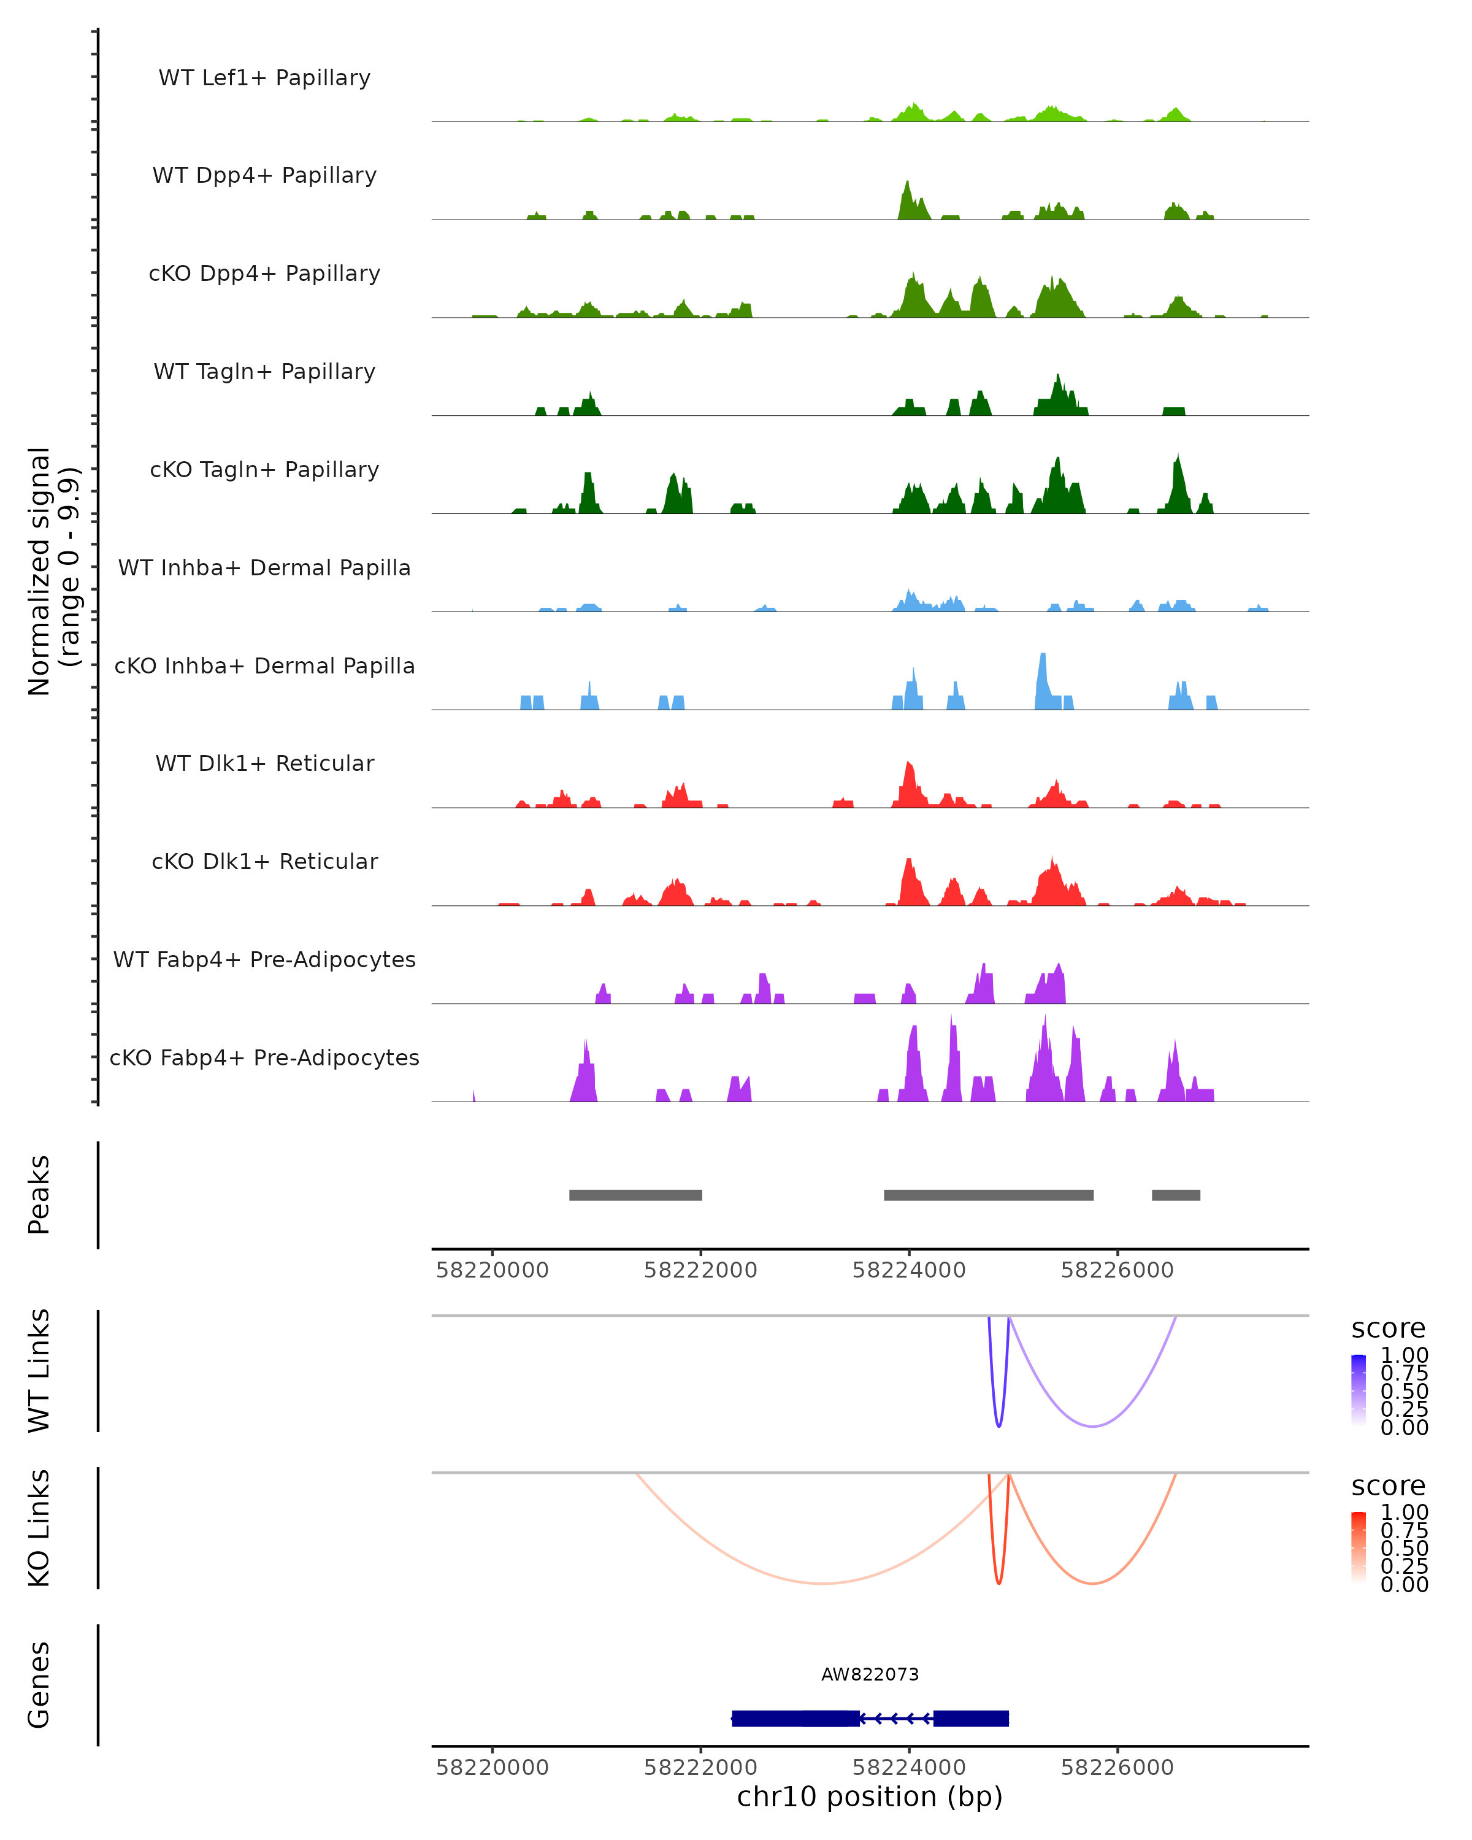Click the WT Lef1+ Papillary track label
coord(264,78)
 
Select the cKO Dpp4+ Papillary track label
coord(264,274)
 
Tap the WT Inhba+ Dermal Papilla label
coord(264,569)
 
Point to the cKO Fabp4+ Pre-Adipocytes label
coord(264,1058)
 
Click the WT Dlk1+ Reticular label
coord(264,764)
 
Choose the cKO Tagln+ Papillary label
coord(264,470)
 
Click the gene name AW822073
coord(870,1674)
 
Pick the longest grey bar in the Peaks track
coord(988,1195)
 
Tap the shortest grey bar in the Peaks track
coord(1175,1195)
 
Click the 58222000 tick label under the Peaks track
coord(700,1271)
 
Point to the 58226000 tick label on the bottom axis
coord(1116,1768)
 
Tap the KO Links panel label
coord(39,1528)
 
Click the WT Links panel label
coord(39,1371)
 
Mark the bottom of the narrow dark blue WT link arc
coord(999,1425)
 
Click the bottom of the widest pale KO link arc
coord(821,1583)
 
